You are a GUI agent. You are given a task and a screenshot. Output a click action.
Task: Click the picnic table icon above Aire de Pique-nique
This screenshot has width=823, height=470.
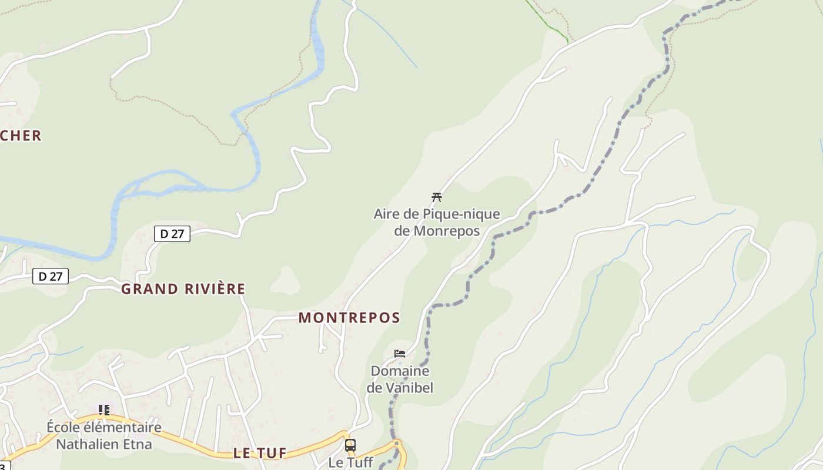click(x=436, y=197)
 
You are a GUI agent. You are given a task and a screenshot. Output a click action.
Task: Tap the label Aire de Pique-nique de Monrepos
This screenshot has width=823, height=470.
click(x=437, y=222)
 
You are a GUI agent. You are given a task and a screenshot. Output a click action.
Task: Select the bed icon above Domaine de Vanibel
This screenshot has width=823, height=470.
click(x=400, y=354)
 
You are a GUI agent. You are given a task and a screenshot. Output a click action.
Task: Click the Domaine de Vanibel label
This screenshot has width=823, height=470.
click(x=400, y=380)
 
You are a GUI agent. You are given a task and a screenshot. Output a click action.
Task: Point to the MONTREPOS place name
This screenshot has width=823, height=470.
click(x=349, y=318)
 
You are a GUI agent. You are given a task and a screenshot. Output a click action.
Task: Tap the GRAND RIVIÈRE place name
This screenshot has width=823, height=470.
click(x=183, y=289)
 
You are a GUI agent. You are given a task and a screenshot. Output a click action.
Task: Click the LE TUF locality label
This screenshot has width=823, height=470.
click(x=260, y=453)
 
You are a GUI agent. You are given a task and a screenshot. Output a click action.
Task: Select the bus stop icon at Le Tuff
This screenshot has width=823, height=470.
click(x=350, y=445)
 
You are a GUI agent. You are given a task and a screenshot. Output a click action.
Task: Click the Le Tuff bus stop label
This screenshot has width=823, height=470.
click(x=350, y=462)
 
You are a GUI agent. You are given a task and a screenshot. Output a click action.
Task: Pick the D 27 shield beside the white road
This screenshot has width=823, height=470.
click(x=172, y=233)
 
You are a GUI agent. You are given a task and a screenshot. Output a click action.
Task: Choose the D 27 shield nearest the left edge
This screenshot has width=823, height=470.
click(x=51, y=276)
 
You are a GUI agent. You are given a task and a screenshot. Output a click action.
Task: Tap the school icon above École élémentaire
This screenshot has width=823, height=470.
click(x=104, y=409)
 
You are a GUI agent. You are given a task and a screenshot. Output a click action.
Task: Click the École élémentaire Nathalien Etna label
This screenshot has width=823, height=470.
click(x=104, y=435)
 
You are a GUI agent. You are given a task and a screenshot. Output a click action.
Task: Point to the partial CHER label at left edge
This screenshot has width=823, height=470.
click(x=21, y=136)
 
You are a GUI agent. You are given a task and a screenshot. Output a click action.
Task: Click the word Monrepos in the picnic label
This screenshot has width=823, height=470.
click(x=447, y=231)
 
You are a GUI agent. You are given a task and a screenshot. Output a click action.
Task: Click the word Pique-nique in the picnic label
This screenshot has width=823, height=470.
click(x=459, y=214)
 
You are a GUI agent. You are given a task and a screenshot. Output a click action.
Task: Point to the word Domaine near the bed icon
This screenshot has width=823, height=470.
click(x=400, y=371)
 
